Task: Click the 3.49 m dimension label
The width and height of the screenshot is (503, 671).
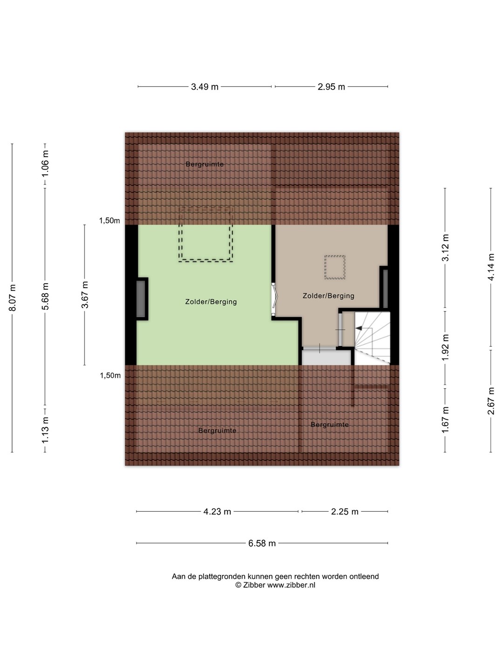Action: pyautogui.click(x=204, y=87)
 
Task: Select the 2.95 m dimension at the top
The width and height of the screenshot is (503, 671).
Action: pyautogui.click(x=331, y=87)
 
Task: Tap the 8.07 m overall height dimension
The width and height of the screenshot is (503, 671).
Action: pyautogui.click(x=12, y=297)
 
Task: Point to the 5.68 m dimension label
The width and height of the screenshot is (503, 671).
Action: pyautogui.click(x=45, y=296)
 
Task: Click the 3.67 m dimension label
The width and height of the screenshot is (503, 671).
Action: pyautogui.click(x=85, y=294)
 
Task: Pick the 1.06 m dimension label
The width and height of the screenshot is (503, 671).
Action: pyautogui.click(x=45, y=164)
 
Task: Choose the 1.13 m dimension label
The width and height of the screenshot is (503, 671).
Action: pyautogui.click(x=45, y=430)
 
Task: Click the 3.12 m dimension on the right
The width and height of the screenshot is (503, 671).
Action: pyautogui.click(x=445, y=248)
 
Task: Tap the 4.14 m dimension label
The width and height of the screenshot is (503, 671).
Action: pyautogui.click(x=491, y=267)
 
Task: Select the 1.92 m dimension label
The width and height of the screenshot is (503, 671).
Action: pyautogui.click(x=445, y=348)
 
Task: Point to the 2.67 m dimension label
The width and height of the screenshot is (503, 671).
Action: pyautogui.click(x=491, y=401)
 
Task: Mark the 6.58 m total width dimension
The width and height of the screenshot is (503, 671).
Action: pyautogui.click(x=262, y=543)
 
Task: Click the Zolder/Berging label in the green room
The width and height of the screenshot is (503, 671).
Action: pyautogui.click(x=211, y=302)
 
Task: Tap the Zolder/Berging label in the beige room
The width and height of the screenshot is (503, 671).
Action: pyautogui.click(x=328, y=296)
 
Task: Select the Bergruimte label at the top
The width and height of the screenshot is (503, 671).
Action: pyautogui.click(x=204, y=164)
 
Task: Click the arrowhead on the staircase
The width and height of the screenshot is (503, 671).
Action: pyautogui.click(x=359, y=329)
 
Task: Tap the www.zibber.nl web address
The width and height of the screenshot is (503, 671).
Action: pyautogui.click(x=291, y=585)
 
